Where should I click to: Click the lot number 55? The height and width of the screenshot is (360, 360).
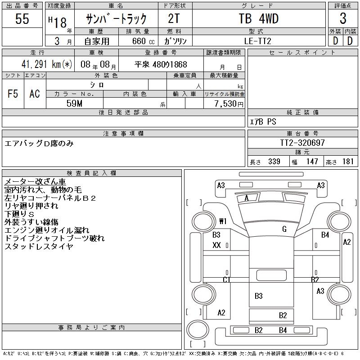tap(22, 18)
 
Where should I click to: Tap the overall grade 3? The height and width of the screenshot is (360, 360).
tap(343, 18)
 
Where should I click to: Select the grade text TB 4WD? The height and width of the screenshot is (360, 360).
tap(258, 18)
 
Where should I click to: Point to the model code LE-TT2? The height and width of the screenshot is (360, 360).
tap(257, 41)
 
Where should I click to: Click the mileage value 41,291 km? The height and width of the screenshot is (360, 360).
tap(41, 64)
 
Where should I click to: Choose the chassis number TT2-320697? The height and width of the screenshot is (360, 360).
tap(302, 143)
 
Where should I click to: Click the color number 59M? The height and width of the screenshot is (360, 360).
tap(74, 103)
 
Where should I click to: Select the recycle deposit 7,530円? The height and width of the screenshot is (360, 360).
tap(229, 103)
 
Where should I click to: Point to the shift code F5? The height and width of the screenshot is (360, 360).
tap(13, 94)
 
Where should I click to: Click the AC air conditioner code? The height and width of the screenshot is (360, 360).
tap(35, 94)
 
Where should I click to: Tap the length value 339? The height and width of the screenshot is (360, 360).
tap(274, 162)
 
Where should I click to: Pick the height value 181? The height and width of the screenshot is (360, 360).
tap(348, 162)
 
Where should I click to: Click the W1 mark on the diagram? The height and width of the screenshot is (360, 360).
tap(223, 221)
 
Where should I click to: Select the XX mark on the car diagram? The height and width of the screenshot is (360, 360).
tap(216, 245)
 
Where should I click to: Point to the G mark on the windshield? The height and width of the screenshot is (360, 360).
tap(284, 229)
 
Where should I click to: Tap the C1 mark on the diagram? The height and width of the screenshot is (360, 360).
tap(226, 279)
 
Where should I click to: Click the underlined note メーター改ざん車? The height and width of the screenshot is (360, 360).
tap(35, 181)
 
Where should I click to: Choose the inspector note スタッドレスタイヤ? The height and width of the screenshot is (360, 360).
tap(39, 246)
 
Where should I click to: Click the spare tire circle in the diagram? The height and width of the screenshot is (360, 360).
tap(198, 330)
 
